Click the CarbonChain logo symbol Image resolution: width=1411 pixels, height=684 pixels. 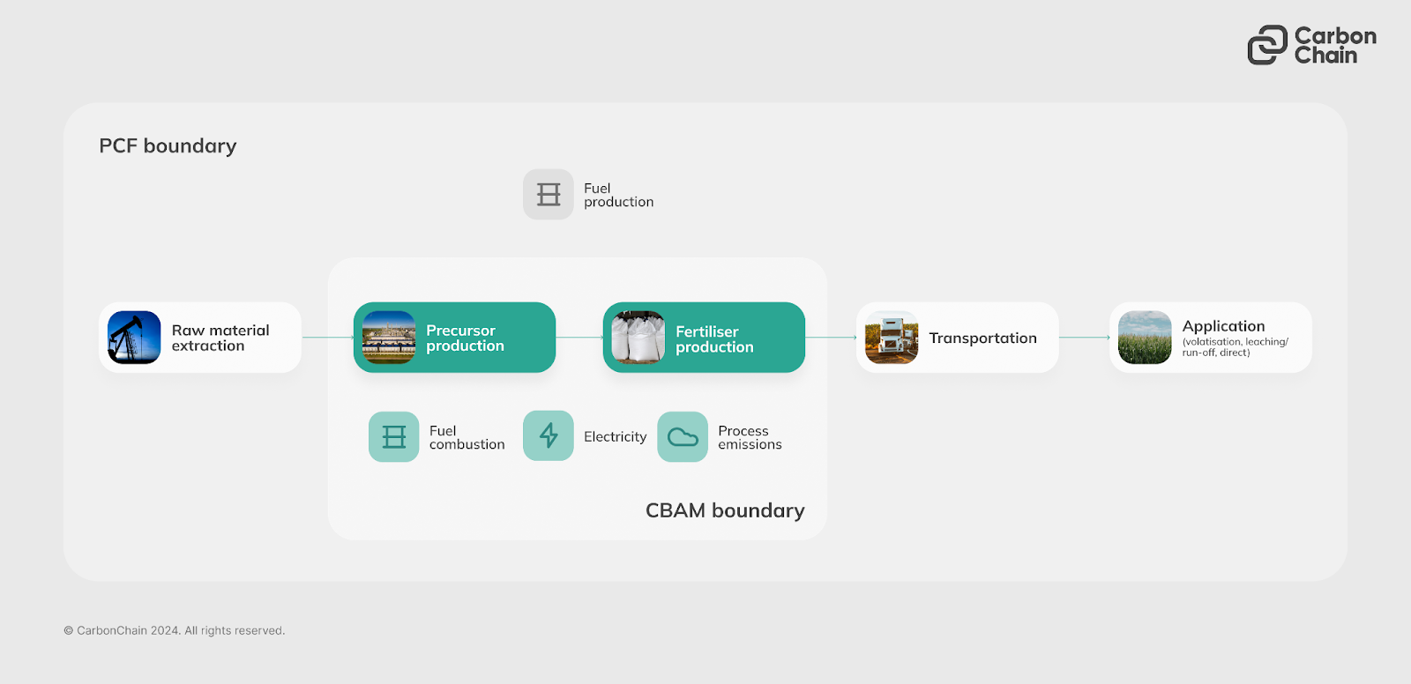click(1267, 45)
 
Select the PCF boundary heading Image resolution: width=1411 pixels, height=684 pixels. click(168, 146)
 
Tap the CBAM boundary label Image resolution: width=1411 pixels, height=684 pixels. click(725, 511)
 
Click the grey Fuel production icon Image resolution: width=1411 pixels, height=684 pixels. click(549, 195)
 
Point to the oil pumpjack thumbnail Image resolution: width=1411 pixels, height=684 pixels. click(134, 338)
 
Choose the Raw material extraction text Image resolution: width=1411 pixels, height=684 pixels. click(220, 338)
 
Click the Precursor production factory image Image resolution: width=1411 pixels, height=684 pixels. click(389, 338)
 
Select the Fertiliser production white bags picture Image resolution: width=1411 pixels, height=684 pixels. click(638, 338)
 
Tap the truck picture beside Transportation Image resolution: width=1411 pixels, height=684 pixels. click(892, 338)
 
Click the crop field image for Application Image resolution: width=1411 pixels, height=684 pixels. click(1145, 338)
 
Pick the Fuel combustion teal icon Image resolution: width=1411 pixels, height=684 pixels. click(394, 437)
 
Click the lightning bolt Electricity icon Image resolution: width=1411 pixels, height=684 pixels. click(549, 436)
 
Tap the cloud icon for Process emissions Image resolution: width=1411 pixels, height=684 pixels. click(683, 437)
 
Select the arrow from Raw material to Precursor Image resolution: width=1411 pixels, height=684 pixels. click(327, 338)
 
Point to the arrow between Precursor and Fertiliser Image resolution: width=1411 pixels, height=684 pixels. click(579, 338)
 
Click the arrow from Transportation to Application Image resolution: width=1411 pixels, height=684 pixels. click(1084, 338)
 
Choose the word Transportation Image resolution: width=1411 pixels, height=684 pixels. click(982, 338)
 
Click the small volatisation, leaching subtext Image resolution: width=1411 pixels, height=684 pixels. click(1235, 347)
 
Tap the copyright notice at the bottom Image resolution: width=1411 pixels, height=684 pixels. click(175, 631)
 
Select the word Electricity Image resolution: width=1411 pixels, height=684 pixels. click(615, 437)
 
